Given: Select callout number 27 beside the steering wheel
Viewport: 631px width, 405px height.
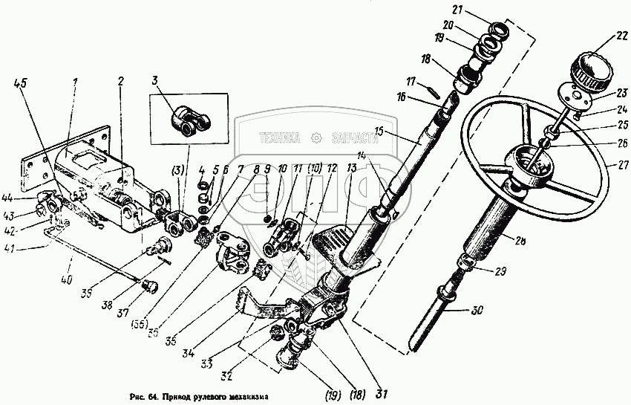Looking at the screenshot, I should click(611, 165).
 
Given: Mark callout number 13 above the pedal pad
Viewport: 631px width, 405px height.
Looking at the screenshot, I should click(350, 168).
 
